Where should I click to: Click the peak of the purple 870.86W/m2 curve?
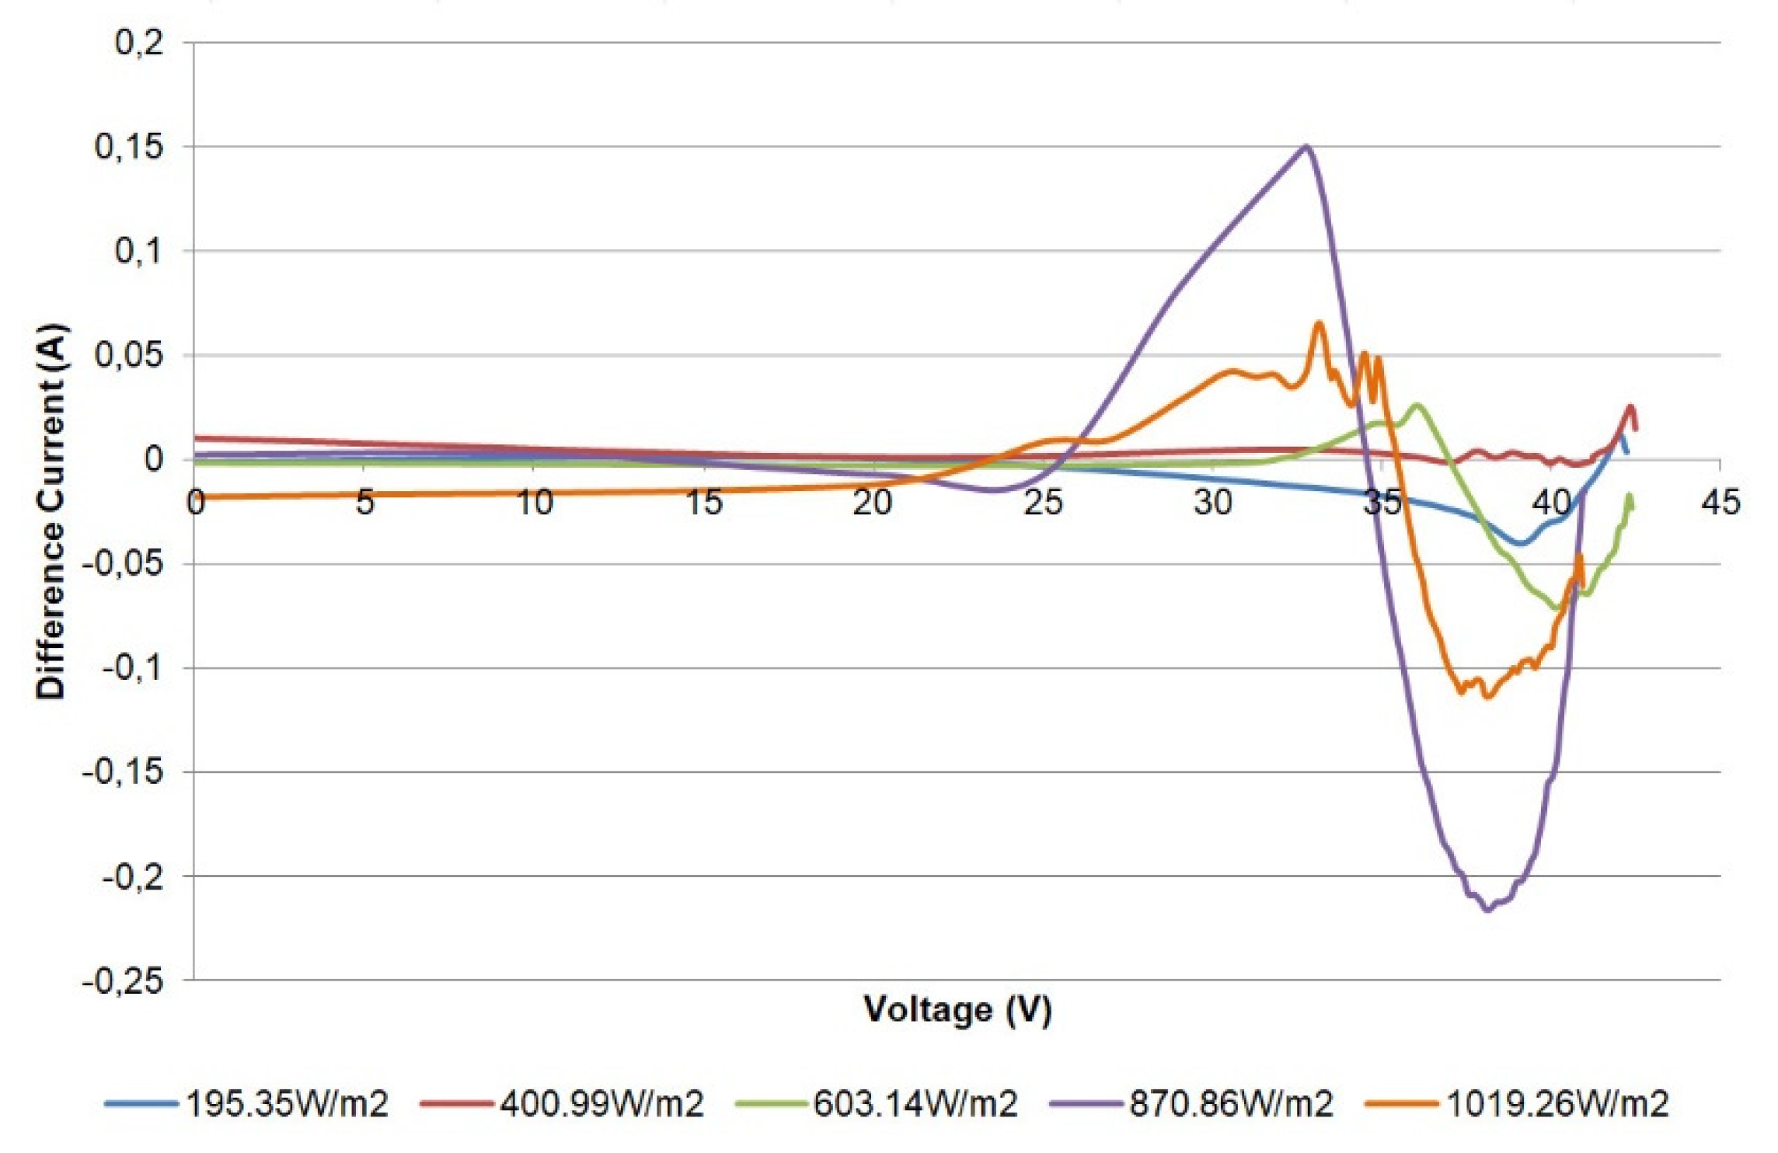(x=1306, y=146)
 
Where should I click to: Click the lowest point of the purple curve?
(x=1487, y=909)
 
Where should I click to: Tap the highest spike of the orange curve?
(x=1319, y=323)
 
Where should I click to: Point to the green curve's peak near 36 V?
(x=1417, y=405)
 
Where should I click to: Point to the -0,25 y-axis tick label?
(x=124, y=981)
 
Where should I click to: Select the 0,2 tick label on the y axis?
(x=140, y=43)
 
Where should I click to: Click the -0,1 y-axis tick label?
(x=134, y=668)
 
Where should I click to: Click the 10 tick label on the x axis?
(x=535, y=503)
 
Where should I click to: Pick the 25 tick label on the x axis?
(x=1043, y=503)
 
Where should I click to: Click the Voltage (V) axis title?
(x=957, y=1009)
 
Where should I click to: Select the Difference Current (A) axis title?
(x=51, y=510)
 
